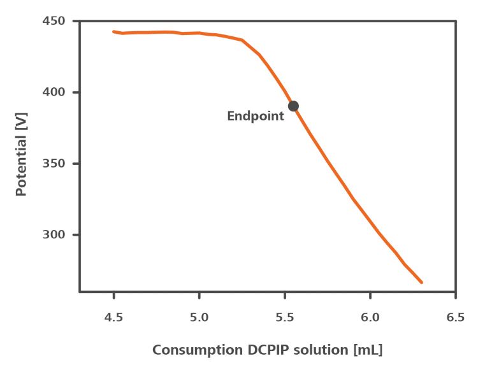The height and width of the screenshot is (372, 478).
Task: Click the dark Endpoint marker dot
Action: pyautogui.click(x=293, y=106)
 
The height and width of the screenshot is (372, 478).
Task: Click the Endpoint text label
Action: pyautogui.click(x=256, y=117)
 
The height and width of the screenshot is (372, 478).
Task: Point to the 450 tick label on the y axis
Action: pyautogui.click(x=55, y=21)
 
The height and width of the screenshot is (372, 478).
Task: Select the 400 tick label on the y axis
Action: pyautogui.click(x=55, y=92)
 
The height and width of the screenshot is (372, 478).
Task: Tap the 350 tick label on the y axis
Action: pyautogui.click(x=55, y=164)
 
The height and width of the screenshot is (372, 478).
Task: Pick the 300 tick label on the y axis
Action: pyautogui.click(x=55, y=235)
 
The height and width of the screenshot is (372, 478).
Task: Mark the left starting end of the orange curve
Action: pyautogui.click(x=114, y=31)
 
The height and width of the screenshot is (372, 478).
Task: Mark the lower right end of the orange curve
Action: pyautogui.click(x=421, y=282)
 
